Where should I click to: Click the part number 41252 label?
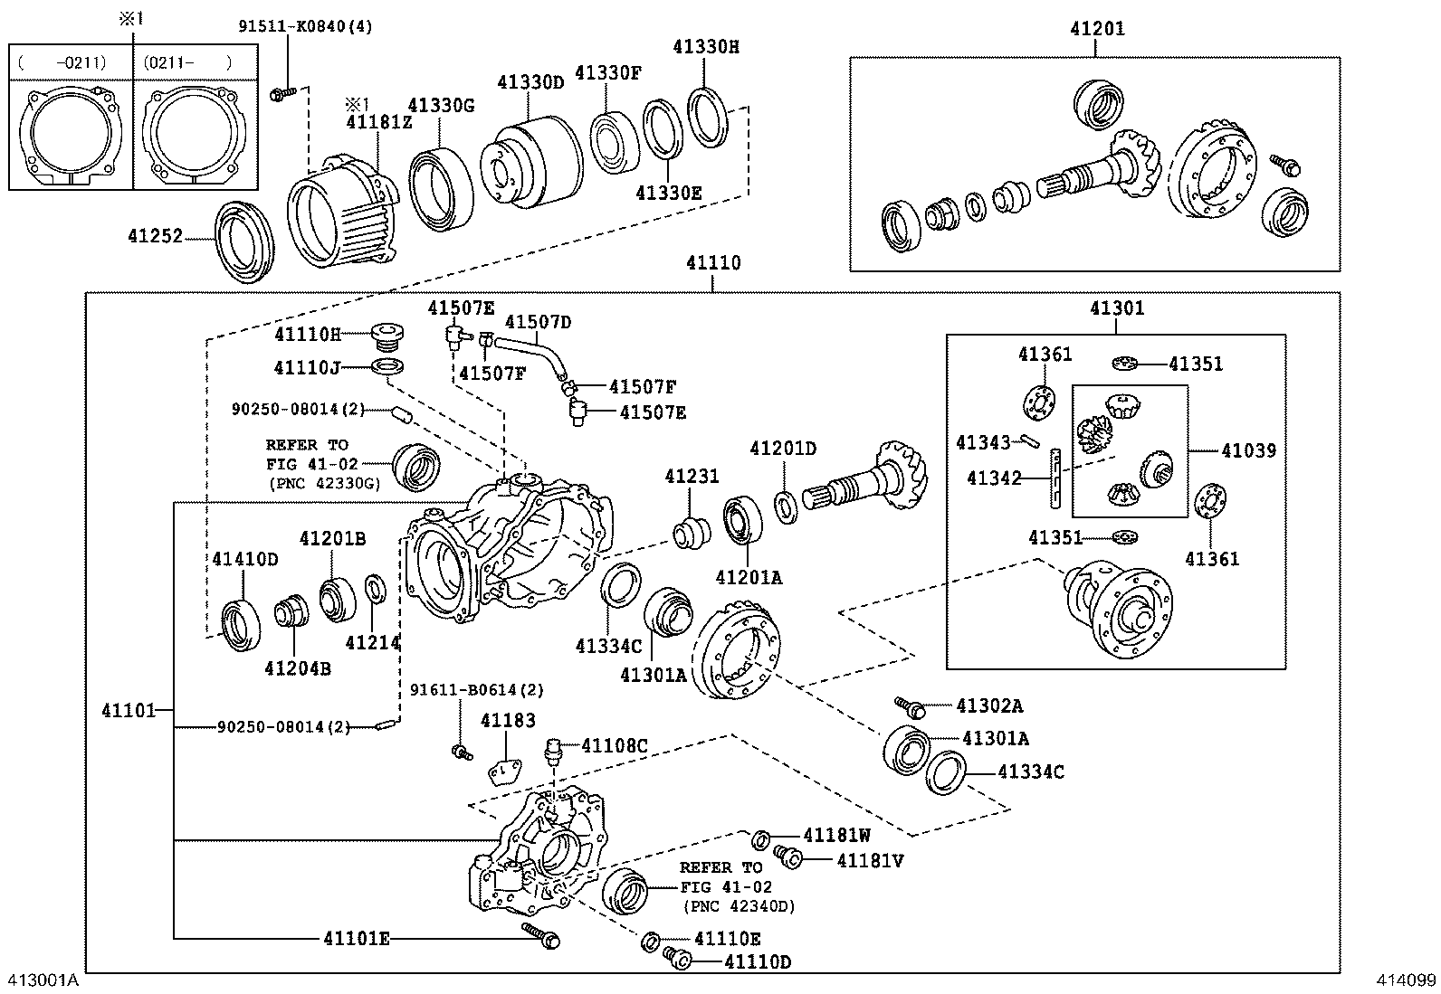pyautogui.click(x=155, y=236)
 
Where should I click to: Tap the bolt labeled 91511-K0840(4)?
pyautogui.click(x=282, y=91)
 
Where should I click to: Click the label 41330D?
pyautogui.click(x=530, y=81)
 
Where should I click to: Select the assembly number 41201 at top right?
pyautogui.click(x=1097, y=28)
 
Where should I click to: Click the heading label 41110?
pyautogui.click(x=712, y=262)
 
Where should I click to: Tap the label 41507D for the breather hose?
pyautogui.click(x=538, y=322)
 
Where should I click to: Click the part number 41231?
pyautogui.click(x=692, y=476)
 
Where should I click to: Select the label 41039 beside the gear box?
pyautogui.click(x=1248, y=450)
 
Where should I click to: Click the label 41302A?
pyautogui.click(x=989, y=705)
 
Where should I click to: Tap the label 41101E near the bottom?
pyautogui.click(x=356, y=938)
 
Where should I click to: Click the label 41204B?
pyautogui.click(x=297, y=667)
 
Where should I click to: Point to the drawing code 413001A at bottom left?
pyautogui.click(x=43, y=980)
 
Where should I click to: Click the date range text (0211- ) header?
pyautogui.click(x=186, y=62)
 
